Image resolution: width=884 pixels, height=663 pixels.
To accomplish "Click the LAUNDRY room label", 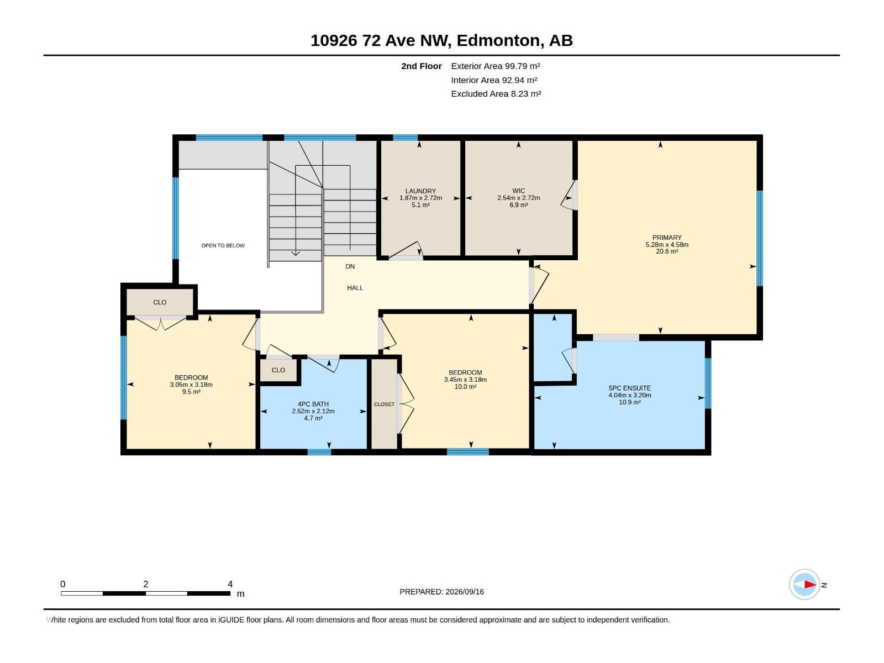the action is [x=420, y=191].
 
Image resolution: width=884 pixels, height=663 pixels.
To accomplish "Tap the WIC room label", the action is [x=518, y=191].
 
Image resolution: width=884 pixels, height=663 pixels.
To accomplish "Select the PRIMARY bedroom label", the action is [x=667, y=238].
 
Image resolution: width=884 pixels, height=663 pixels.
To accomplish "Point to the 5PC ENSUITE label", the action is [x=629, y=388].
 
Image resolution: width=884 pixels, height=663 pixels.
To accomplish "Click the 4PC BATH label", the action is [x=313, y=404].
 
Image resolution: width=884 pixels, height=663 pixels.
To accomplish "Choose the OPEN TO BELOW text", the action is [x=223, y=245].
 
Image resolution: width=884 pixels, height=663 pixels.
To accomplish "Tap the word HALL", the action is [x=355, y=288].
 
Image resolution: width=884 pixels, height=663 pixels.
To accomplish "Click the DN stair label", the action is [x=350, y=266].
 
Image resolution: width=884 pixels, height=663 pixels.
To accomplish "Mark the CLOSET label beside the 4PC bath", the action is [x=384, y=404].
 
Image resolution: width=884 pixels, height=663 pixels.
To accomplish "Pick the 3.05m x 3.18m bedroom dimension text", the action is [x=191, y=385].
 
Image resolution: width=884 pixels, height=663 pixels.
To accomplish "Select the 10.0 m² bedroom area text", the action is [x=465, y=386].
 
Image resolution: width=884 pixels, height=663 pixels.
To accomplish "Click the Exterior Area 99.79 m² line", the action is [x=496, y=66].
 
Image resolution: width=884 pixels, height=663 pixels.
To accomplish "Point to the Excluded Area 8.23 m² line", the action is [x=496, y=94].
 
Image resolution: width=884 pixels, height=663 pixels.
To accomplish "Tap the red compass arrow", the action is [x=809, y=585].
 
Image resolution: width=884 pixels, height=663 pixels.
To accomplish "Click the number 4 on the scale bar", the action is [x=230, y=583].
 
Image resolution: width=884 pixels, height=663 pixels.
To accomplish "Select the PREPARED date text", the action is [x=441, y=592].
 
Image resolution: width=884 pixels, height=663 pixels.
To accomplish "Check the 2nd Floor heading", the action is [x=421, y=66].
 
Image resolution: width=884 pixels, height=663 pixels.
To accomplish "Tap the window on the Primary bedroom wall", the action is [x=760, y=238].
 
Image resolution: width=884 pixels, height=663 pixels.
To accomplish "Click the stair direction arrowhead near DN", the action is [x=295, y=253].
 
